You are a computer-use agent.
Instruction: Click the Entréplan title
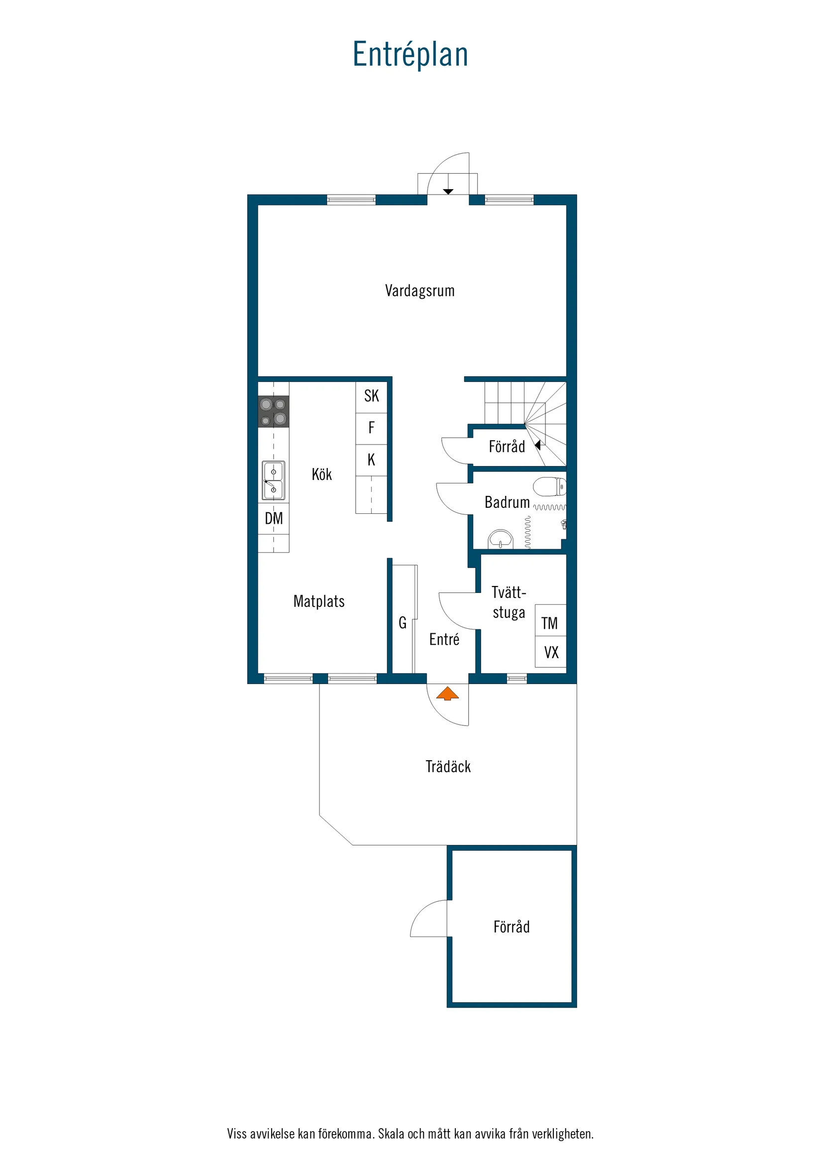410,55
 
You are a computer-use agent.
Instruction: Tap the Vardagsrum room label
419,291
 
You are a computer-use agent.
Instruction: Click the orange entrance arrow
447,694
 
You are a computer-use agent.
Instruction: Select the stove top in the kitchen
273,411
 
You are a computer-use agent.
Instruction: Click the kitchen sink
273,480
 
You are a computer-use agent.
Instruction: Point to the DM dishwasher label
274,518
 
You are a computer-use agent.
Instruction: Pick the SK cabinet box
371,396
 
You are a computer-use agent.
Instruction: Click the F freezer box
371,428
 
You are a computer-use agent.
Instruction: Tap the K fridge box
371,460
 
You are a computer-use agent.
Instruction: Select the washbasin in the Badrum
500,539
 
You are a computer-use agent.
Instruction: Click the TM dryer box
550,623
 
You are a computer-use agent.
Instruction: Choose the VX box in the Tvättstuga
551,653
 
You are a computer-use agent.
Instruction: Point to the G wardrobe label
403,623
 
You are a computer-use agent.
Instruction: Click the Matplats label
318,601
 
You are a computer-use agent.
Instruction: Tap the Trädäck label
448,767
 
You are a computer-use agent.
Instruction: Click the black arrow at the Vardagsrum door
448,192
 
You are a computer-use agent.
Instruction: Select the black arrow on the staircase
538,445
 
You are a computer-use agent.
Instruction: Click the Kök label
322,475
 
